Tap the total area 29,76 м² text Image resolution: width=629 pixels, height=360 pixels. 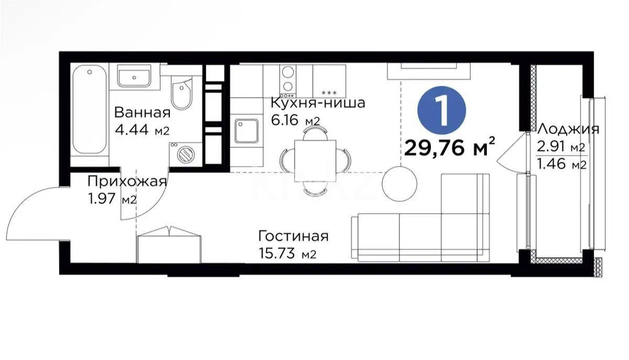click(450, 148)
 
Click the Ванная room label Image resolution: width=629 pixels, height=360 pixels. click(142, 113)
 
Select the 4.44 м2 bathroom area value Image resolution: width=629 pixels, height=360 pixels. click(142, 130)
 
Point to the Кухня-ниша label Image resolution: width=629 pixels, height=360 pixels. click(318, 103)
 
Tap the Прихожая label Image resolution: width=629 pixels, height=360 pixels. click(126, 181)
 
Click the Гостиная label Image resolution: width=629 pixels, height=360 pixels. click(294, 236)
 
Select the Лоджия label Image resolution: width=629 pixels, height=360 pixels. click(569, 129)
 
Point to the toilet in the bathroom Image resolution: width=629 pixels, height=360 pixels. click(182, 95)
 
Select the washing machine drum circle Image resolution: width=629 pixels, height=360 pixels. click(185, 155)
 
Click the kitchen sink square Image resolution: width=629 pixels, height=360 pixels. click(246, 131)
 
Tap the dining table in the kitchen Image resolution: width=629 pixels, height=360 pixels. click(314, 160)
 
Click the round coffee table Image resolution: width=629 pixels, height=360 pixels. click(399, 182)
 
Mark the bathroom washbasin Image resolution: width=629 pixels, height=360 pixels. click(134, 76)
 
